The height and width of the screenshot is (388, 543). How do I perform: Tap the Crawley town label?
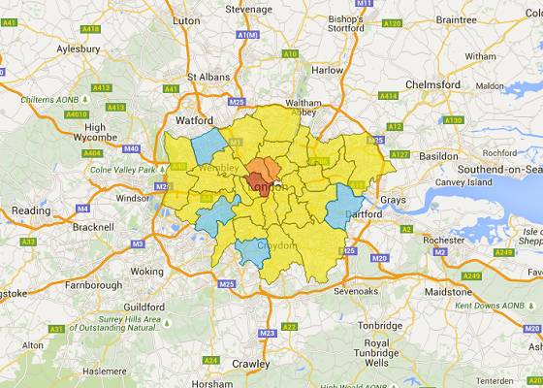coord(251,364)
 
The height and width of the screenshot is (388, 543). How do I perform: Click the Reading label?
coord(30,210)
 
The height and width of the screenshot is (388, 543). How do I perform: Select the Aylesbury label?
coord(52,47)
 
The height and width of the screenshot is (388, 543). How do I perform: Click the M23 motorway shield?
coord(265,333)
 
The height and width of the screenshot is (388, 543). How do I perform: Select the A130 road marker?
coord(452,119)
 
